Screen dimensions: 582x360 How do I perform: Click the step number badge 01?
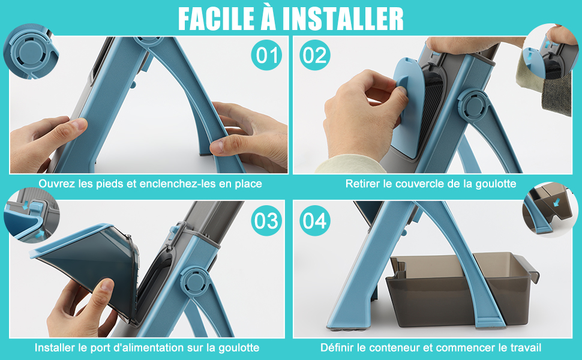click(x=266, y=55)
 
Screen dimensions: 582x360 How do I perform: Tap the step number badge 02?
click(x=315, y=55)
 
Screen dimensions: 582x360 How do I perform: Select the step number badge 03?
click(x=266, y=221)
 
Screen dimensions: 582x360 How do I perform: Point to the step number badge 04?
click(x=315, y=221)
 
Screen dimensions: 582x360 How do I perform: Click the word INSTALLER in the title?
click(x=343, y=18)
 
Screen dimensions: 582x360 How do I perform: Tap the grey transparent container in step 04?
click(x=462, y=289)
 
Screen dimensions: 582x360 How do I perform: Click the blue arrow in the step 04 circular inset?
click(x=556, y=202)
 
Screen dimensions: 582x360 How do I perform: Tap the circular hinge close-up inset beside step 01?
click(x=31, y=51)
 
